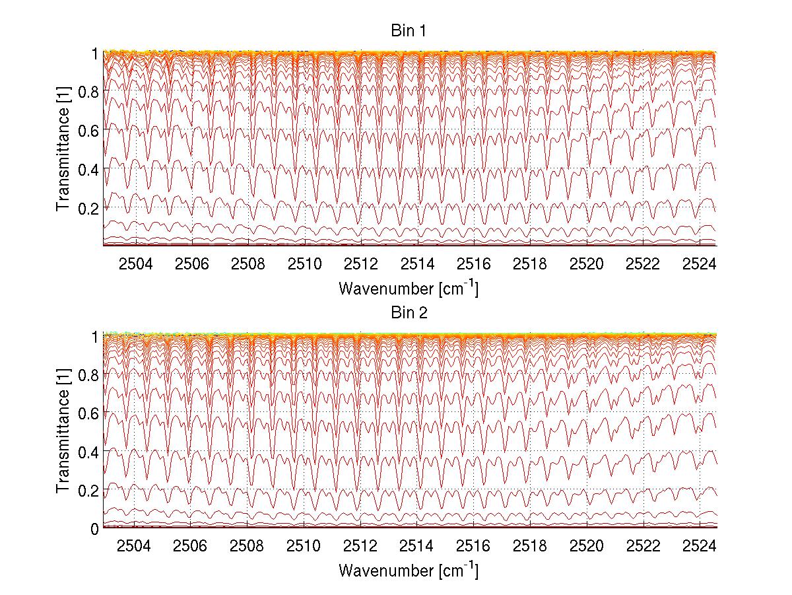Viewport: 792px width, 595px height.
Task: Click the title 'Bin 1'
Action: (x=409, y=31)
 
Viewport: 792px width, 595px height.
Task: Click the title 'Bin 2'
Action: (x=409, y=313)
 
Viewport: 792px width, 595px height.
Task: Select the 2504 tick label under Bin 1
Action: (x=135, y=264)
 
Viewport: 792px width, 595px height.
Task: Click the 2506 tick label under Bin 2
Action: (x=191, y=546)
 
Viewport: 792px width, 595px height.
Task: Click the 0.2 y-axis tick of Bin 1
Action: (x=89, y=208)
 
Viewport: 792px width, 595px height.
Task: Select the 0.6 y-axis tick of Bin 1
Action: (x=89, y=131)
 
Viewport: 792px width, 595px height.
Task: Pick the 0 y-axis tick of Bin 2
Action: (x=95, y=529)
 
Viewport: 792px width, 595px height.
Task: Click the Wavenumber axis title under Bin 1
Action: (x=409, y=289)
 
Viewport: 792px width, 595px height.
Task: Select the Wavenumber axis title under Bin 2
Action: (x=409, y=570)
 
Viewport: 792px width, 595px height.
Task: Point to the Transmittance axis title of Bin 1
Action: (x=63, y=149)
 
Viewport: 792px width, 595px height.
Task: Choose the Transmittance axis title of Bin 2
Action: (x=63, y=431)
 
